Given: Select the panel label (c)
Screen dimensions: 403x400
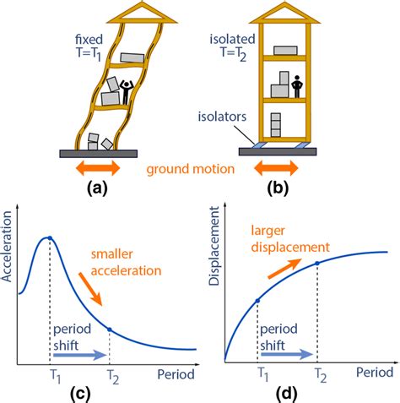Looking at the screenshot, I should (101, 393).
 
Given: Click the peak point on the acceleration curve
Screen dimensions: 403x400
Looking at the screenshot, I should (50, 239).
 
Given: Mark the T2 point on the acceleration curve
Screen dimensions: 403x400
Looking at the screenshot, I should (110, 329).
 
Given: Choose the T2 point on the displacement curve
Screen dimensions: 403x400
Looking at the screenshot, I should (317, 264).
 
